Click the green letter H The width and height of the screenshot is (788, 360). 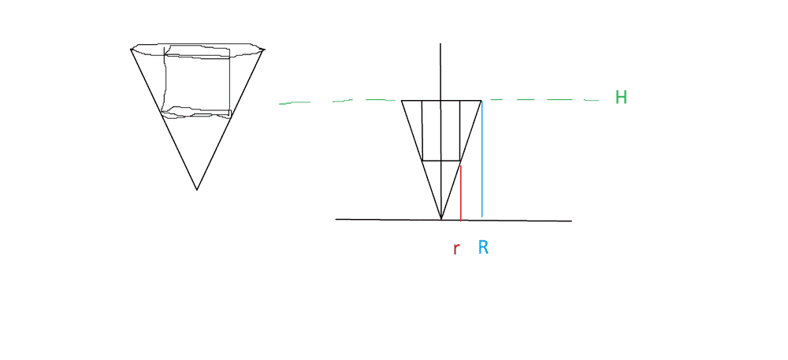(621, 97)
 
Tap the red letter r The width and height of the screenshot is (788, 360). (455, 249)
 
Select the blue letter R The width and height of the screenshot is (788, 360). (483, 247)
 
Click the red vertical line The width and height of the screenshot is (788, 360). (460, 193)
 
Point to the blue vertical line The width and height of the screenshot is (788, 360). (482, 159)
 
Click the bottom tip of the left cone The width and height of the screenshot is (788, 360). (197, 190)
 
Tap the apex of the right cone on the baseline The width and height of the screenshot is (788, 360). (441, 220)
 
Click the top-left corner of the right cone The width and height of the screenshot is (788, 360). (402, 101)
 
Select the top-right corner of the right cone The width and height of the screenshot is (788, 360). (481, 101)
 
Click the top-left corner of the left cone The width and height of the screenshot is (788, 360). (131, 49)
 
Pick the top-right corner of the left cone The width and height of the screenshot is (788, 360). (264, 49)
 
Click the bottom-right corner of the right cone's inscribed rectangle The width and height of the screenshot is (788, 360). (460, 161)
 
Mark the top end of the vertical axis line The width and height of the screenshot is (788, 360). (440, 43)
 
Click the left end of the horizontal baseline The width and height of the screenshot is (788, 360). (336, 220)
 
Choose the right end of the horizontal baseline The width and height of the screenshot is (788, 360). (571, 221)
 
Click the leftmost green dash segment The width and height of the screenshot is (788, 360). (295, 103)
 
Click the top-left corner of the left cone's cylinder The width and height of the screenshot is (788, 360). (165, 49)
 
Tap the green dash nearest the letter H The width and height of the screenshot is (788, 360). (592, 100)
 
